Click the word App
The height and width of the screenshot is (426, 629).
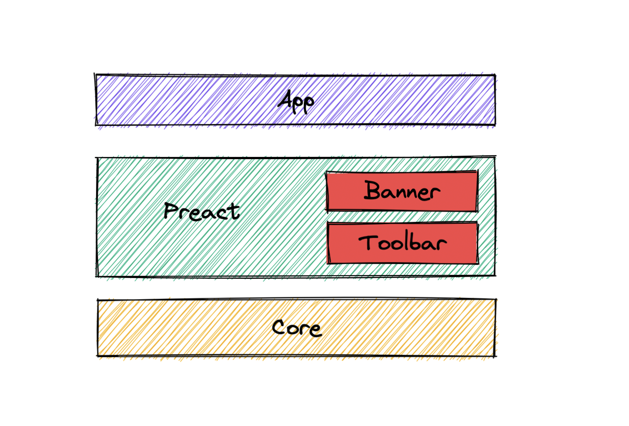coord(296,101)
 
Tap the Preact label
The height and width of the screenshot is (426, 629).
coord(202,212)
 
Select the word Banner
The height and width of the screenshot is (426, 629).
coord(402,191)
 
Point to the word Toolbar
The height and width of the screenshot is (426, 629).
coord(402,243)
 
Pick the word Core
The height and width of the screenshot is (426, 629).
coord(297,328)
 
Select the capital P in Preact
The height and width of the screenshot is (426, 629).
coord(170,210)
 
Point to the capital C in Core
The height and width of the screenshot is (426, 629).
coord(279,328)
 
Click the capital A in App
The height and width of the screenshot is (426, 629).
coord(285,99)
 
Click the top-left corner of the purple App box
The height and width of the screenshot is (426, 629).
coord(96,75)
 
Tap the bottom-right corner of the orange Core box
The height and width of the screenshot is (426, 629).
coord(495,356)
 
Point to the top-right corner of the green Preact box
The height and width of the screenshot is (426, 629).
coord(495,157)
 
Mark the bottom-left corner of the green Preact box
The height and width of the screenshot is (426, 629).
coord(97,276)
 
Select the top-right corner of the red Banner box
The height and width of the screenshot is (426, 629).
coord(477,171)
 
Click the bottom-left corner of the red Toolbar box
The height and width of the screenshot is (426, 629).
coord(328,263)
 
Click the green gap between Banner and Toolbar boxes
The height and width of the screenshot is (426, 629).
coord(402,217)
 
